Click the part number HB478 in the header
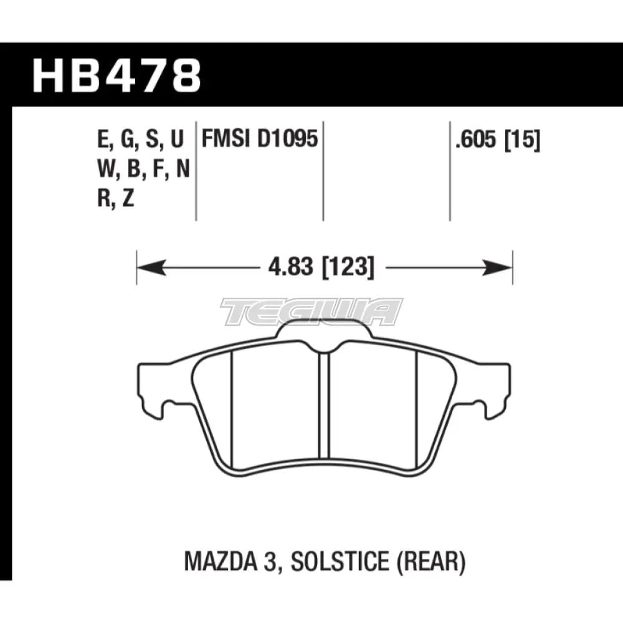pyautogui.click(x=117, y=75)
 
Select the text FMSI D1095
pyautogui.click(x=259, y=141)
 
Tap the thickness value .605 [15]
pyautogui.click(x=497, y=141)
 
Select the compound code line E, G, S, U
pyautogui.click(x=141, y=141)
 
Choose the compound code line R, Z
pyautogui.click(x=116, y=198)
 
